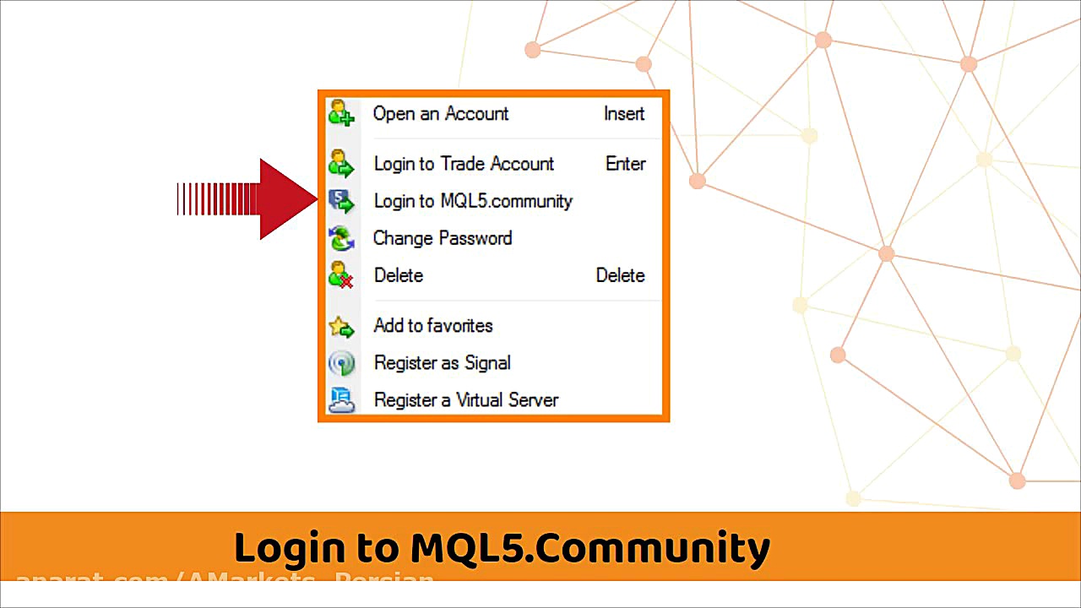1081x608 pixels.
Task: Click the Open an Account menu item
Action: click(441, 114)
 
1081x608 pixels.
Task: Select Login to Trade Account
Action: click(464, 164)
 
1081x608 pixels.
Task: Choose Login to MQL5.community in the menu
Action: click(473, 201)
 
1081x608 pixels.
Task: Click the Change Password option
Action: click(443, 238)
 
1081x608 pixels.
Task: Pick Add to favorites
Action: click(433, 326)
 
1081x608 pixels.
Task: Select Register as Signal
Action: click(442, 363)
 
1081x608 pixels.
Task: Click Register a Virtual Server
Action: click(465, 400)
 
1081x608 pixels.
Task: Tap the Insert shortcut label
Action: click(624, 114)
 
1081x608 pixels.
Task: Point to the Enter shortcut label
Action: click(625, 164)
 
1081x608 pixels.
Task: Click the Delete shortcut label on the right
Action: click(620, 275)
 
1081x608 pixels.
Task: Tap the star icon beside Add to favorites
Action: click(341, 327)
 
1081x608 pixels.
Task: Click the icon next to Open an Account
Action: click(341, 113)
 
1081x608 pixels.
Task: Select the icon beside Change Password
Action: click(341, 238)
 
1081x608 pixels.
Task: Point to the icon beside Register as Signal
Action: click(341, 363)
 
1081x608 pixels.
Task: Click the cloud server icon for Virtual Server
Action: click(341, 400)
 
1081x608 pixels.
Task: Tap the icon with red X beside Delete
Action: click(341, 275)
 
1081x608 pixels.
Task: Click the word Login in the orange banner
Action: click(285, 548)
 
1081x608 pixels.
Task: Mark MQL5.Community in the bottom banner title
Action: click(590, 548)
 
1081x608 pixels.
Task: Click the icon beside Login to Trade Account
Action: click(341, 164)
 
